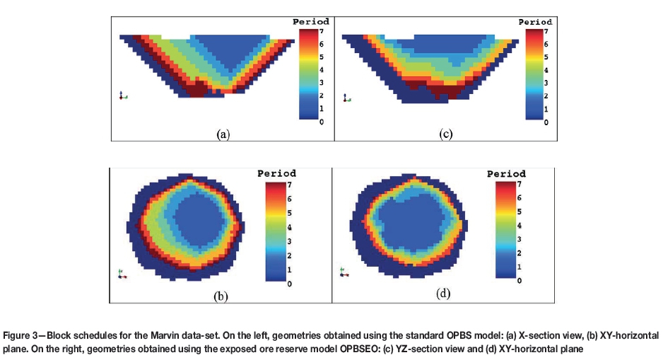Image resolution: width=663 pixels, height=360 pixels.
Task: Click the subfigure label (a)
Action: (223, 133)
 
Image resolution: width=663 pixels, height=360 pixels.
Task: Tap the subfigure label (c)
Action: (445, 133)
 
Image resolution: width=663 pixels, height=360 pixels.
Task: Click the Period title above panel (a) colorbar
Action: (311, 22)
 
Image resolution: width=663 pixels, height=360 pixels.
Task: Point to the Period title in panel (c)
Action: (535, 22)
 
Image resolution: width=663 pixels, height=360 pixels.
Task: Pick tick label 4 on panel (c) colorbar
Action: (546, 71)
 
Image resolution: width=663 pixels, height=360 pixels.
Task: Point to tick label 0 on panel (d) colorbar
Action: (519, 281)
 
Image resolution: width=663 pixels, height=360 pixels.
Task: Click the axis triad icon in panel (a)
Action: (123, 95)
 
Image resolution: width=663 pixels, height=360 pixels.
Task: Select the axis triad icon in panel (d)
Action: (343, 271)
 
